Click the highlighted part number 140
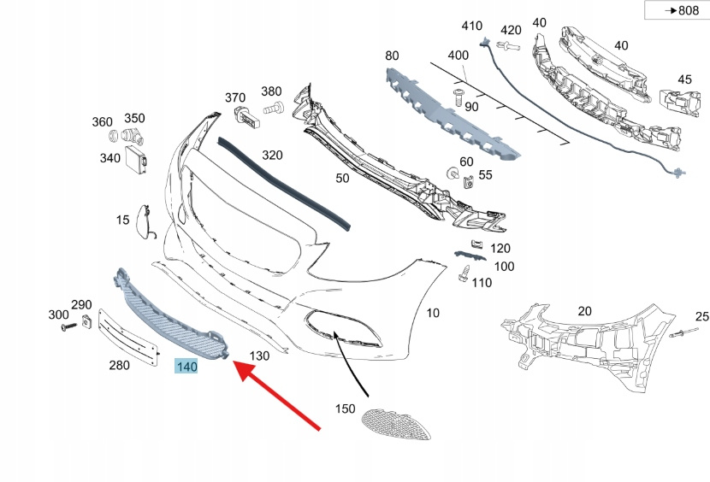pos(186,367)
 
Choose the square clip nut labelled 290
pos(86,321)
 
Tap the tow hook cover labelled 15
pos(144,220)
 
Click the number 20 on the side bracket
pos(585,312)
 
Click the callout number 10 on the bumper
pos(433,313)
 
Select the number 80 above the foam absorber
pos(392,56)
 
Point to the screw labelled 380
pos(276,109)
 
